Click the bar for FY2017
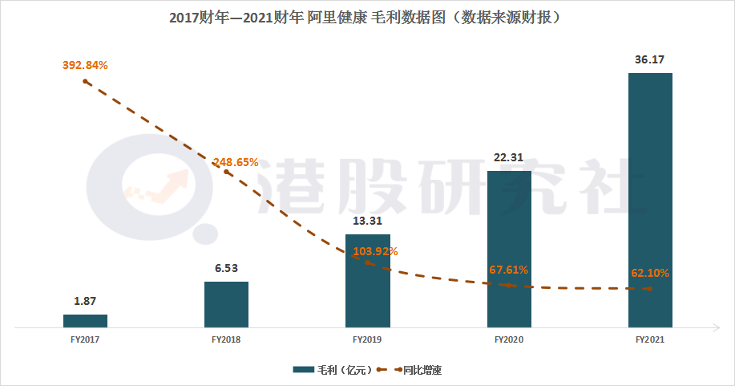pyautogui.click(x=85, y=321)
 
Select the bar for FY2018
pyautogui.click(x=226, y=304)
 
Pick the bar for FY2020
pyautogui.click(x=509, y=249)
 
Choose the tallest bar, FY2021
pyautogui.click(x=650, y=200)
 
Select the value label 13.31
pyautogui.click(x=367, y=221)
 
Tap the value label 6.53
pyautogui.click(x=226, y=268)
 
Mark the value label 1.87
pyautogui.click(x=85, y=301)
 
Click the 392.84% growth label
pyautogui.click(x=85, y=65)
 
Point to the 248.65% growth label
pyautogui.click(x=235, y=162)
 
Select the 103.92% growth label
pyautogui.click(x=374, y=251)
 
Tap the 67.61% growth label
pyautogui.click(x=509, y=270)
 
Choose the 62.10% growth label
pyautogui.click(x=650, y=273)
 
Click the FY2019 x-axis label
pyautogui.click(x=367, y=340)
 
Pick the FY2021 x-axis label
pyautogui.click(x=650, y=340)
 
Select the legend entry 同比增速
pyautogui.click(x=427, y=369)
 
